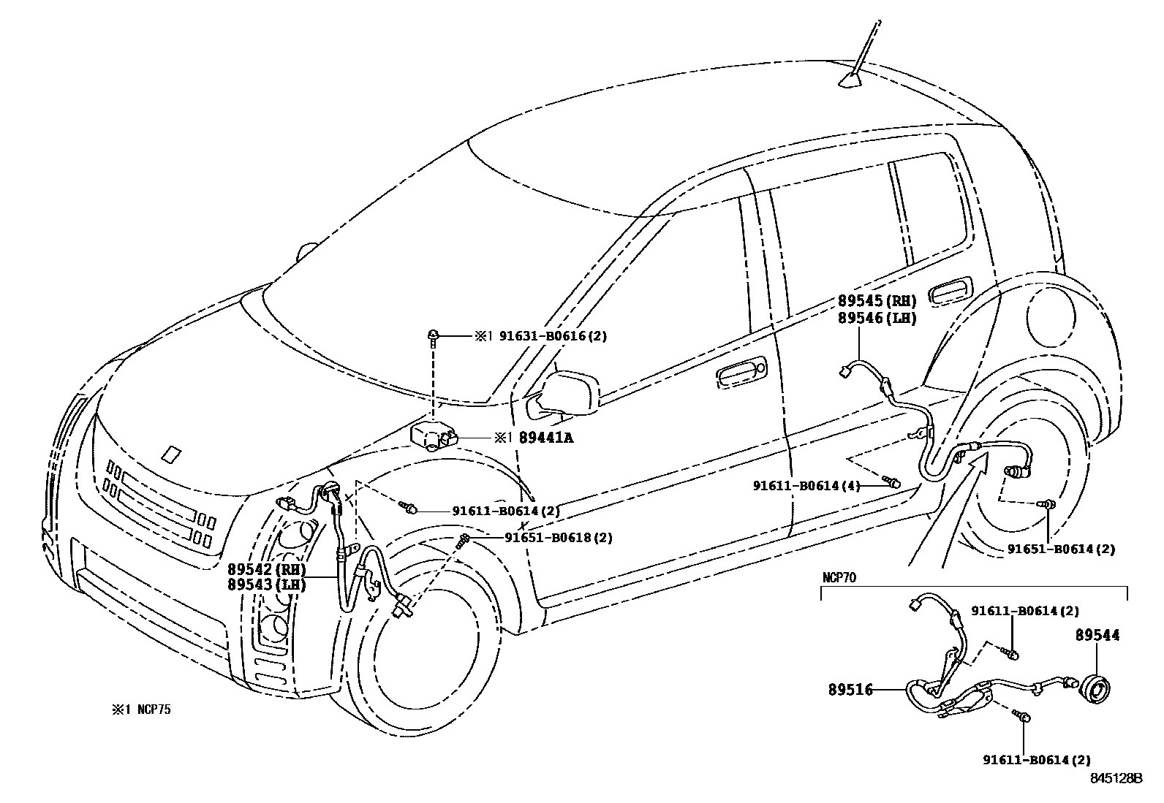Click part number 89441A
(x=546, y=438)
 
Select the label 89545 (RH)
(x=877, y=302)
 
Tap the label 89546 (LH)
(x=877, y=318)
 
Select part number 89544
(x=1097, y=636)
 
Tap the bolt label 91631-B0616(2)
(x=553, y=336)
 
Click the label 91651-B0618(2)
(x=559, y=538)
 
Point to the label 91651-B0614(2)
(x=1061, y=549)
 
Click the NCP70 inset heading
(x=839, y=577)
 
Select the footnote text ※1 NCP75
(x=141, y=709)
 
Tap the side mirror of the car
(x=570, y=391)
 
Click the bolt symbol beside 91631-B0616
(x=434, y=335)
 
